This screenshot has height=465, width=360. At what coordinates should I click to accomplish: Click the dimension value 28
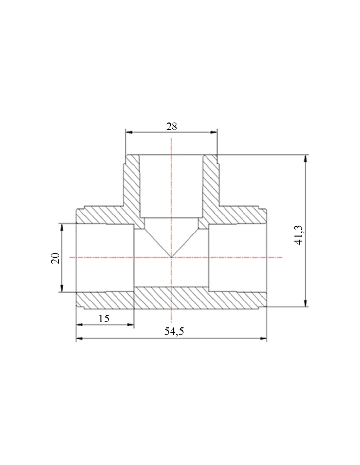[171, 127]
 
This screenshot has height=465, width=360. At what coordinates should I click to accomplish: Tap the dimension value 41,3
[299, 235]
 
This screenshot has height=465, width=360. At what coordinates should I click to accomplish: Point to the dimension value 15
[104, 319]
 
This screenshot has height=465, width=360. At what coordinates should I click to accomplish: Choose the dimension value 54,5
[174, 331]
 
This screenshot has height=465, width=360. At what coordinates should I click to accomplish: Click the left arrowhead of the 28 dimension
[129, 132]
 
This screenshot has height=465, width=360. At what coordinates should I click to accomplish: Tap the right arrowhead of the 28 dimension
[213, 132]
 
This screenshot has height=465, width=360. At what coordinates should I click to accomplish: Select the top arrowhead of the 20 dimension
[62, 227]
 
